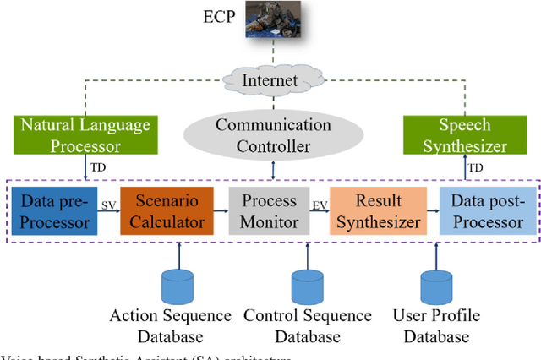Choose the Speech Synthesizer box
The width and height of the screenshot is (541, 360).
tap(464, 135)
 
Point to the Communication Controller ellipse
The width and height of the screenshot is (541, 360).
tap(273, 135)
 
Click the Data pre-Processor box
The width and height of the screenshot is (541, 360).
tap(52, 212)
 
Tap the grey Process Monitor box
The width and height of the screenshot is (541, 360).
tap(270, 212)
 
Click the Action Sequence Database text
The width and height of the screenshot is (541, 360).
tap(170, 326)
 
